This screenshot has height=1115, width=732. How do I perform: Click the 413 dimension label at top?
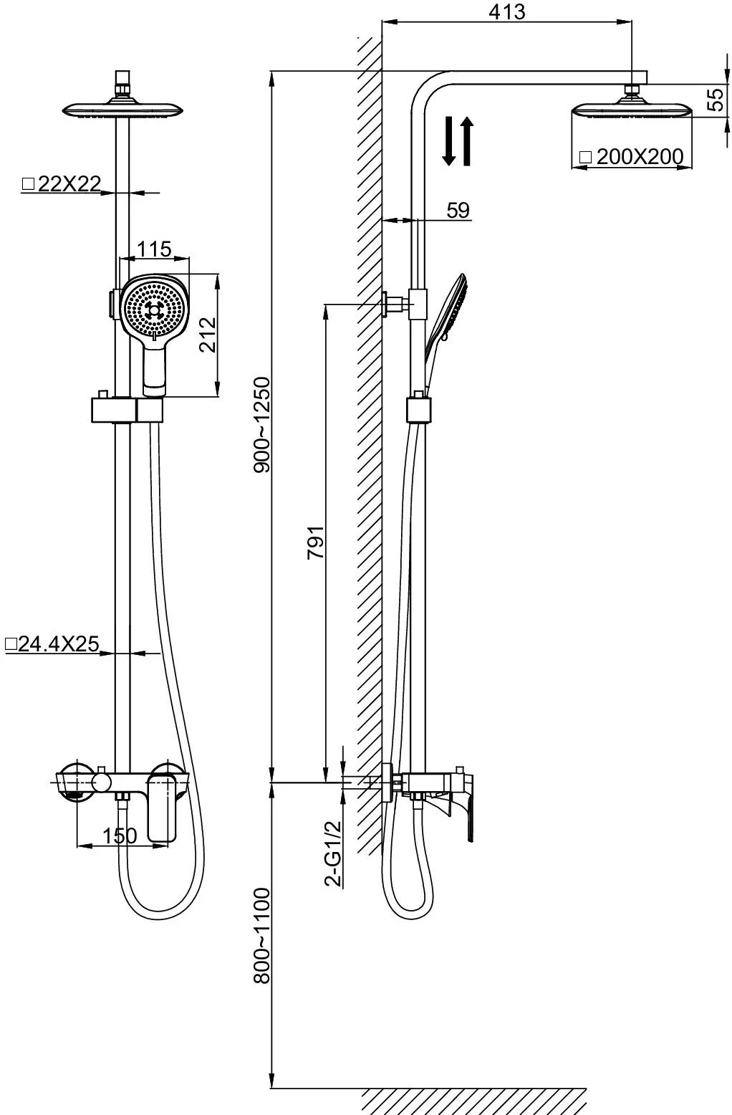click(x=506, y=11)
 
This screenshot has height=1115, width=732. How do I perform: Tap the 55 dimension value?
click(x=716, y=100)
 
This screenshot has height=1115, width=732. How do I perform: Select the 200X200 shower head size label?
click(x=632, y=157)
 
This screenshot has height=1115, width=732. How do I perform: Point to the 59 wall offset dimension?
click(x=458, y=210)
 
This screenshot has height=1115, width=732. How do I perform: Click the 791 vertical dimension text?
click(x=315, y=542)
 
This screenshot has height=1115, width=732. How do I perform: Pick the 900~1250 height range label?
click(x=261, y=425)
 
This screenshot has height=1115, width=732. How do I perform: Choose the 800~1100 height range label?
click(x=261, y=935)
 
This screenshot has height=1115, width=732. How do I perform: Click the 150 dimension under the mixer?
click(x=120, y=836)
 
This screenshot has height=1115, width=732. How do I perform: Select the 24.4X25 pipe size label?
click(x=52, y=644)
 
